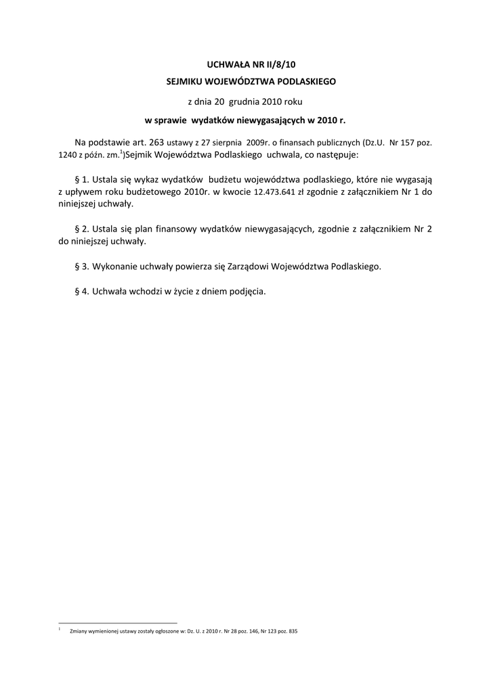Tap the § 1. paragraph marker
coord(81,179)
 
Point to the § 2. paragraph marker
coord(81,229)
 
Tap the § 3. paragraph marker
coord(81,266)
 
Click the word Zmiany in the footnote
coord(80,631)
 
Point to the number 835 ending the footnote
coord(292,631)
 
